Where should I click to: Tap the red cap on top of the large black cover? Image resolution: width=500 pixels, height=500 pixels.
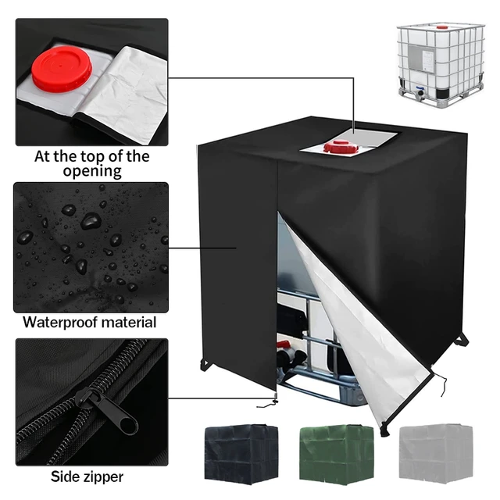341,146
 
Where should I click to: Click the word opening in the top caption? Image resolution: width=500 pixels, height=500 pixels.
91,171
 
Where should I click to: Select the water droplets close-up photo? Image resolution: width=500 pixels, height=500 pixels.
91,246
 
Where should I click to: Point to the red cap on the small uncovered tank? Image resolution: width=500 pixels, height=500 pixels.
441,27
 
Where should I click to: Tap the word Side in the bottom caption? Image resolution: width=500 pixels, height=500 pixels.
66,476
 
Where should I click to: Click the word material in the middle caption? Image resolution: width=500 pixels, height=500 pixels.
130,322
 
